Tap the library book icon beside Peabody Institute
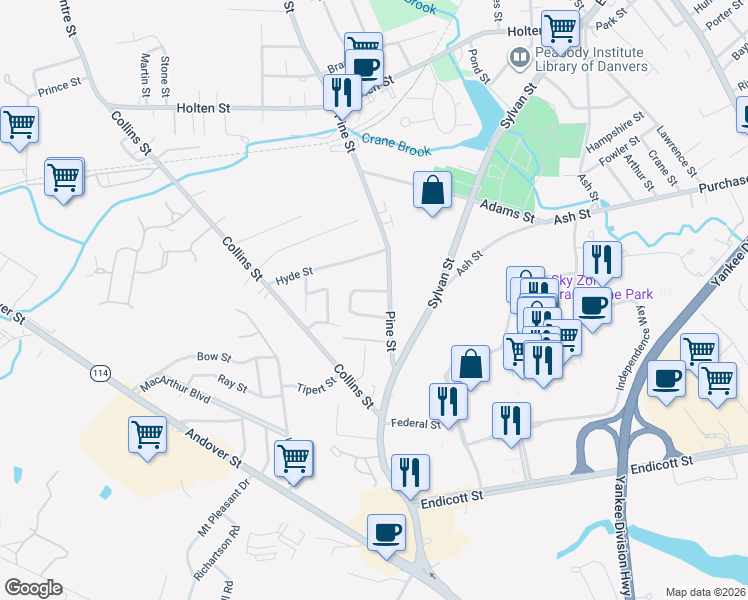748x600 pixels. point(520,58)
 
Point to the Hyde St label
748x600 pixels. point(294,271)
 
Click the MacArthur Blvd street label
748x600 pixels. point(176,389)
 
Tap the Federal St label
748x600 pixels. point(415,424)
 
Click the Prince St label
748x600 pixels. point(59,88)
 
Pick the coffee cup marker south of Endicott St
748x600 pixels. point(386,532)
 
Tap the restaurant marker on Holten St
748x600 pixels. point(342,92)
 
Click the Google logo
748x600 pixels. point(33,588)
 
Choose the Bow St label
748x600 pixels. point(214,356)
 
